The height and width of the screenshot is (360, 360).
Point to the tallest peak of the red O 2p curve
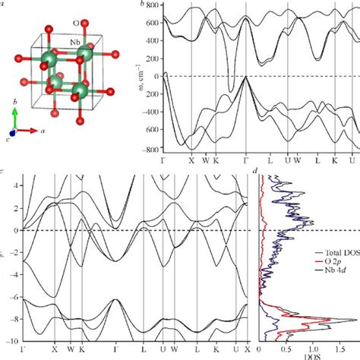[x=344, y=319]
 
